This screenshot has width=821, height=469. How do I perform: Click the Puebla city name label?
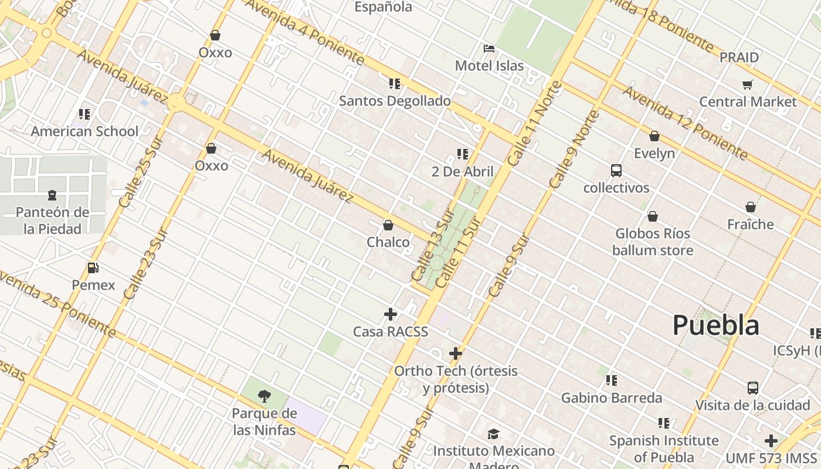coord(715,325)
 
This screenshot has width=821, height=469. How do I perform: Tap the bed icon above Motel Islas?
coord(489,48)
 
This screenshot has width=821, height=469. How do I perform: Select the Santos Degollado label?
coord(395,101)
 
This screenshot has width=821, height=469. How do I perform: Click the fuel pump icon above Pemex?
coord(93,268)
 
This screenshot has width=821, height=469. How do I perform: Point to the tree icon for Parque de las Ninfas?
coord(264,396)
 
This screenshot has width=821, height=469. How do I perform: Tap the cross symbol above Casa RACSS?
coord(391,314)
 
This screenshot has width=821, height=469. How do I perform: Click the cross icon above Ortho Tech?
coord(456,354)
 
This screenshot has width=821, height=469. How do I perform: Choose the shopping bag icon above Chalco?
coord(388,225)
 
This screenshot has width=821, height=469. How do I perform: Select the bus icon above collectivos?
coord(616,171)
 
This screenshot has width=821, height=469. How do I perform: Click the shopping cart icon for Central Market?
coord(748,85)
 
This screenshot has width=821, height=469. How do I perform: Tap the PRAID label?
coord(739,57)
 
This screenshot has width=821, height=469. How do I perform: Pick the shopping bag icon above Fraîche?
coord(750,207)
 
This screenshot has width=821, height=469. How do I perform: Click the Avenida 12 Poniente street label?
coord(685,123)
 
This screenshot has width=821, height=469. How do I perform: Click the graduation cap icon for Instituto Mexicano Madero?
coord(493,434)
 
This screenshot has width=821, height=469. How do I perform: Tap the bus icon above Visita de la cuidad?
coord(753,388)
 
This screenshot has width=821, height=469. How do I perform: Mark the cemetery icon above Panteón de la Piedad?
coord(52,195)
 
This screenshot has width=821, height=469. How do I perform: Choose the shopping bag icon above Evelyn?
coord(654,136)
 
